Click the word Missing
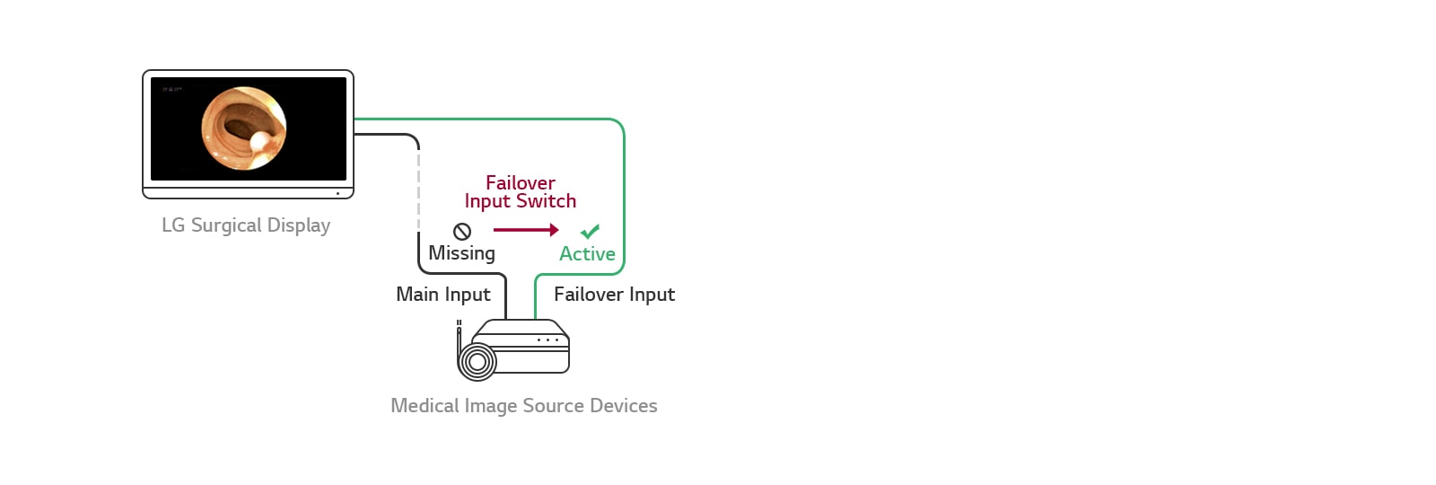pos(461,253)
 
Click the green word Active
pos(587,254)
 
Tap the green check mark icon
pos(590,232)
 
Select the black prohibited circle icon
pos(462,232)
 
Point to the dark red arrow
pos(526,230)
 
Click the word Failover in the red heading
pos(521,183)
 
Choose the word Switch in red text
pos(546,201)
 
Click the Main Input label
pos(443,295)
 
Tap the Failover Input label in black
pos(614,295)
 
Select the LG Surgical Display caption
pos(246,225)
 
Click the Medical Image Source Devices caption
pos(523,406)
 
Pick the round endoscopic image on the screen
pos(244,128)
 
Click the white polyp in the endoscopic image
pos(260,141)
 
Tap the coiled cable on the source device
pos(477,362)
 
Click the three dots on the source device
pos(547,340)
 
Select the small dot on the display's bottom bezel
pos(337,193)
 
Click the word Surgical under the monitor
pos(225,225)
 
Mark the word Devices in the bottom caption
pos(623,406)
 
